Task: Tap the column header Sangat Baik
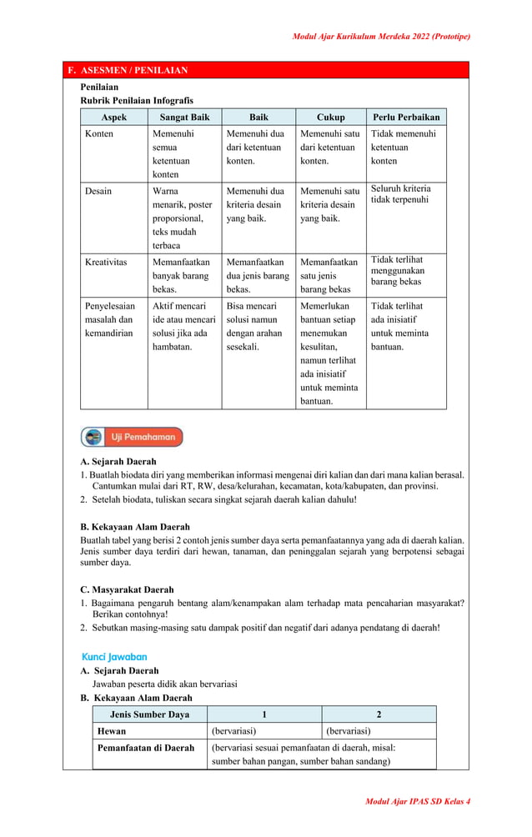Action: coord(184,118)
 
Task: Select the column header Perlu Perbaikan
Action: coord(406,118)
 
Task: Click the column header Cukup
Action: coord(330,118)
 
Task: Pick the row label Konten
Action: coord(99,133)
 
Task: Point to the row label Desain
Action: coord(98,191)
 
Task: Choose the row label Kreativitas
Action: coord(106,262)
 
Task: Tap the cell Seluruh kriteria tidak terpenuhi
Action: coord(400,194)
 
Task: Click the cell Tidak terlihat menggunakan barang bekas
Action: coord(397,271)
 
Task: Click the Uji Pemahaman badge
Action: coord(132,437)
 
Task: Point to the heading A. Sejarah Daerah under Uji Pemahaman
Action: coord(118,461)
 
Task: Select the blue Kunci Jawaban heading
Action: coord(114,657)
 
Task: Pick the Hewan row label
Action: coord(113,730)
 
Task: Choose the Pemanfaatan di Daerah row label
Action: coord(146,748)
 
